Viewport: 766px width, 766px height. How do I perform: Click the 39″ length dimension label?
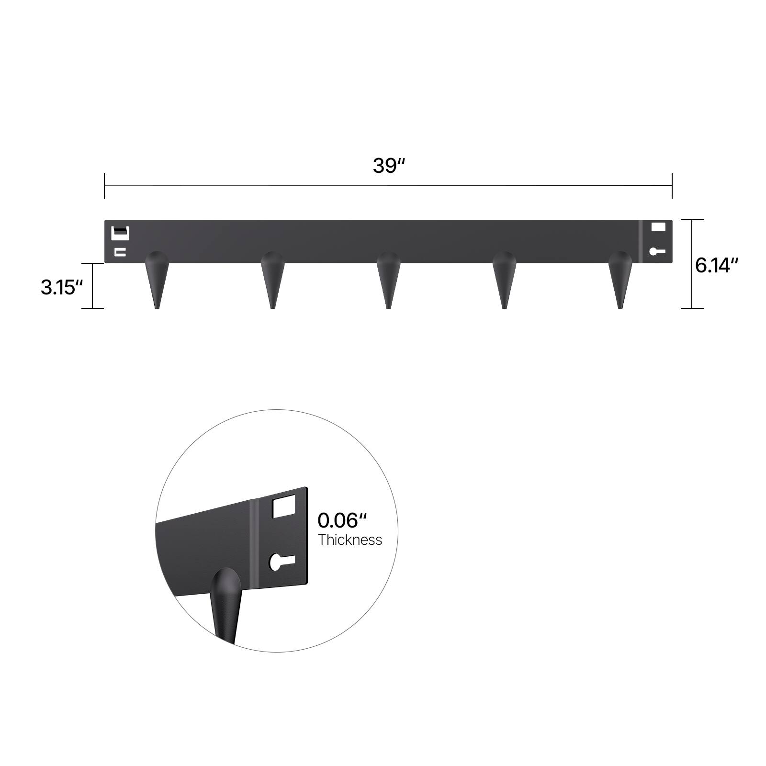click(389, 166)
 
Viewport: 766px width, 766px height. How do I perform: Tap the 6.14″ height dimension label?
click(717, 265)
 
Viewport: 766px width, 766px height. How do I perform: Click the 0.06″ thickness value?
click(342, 520)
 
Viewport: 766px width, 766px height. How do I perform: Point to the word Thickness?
click(350, 540)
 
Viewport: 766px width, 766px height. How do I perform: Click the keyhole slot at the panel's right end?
click(656, 251)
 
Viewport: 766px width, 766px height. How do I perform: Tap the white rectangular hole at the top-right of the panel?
click(658, 227)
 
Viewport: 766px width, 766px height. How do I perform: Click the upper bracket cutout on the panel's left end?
click(120, 233)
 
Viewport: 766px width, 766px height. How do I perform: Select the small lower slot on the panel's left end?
click(120, 252)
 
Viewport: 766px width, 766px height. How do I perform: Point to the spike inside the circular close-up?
click(225, 603)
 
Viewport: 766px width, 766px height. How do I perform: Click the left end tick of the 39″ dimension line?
click(104, 186)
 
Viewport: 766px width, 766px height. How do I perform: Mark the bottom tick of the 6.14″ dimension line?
click(692, 308)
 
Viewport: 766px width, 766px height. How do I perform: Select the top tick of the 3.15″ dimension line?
click(92, 263)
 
